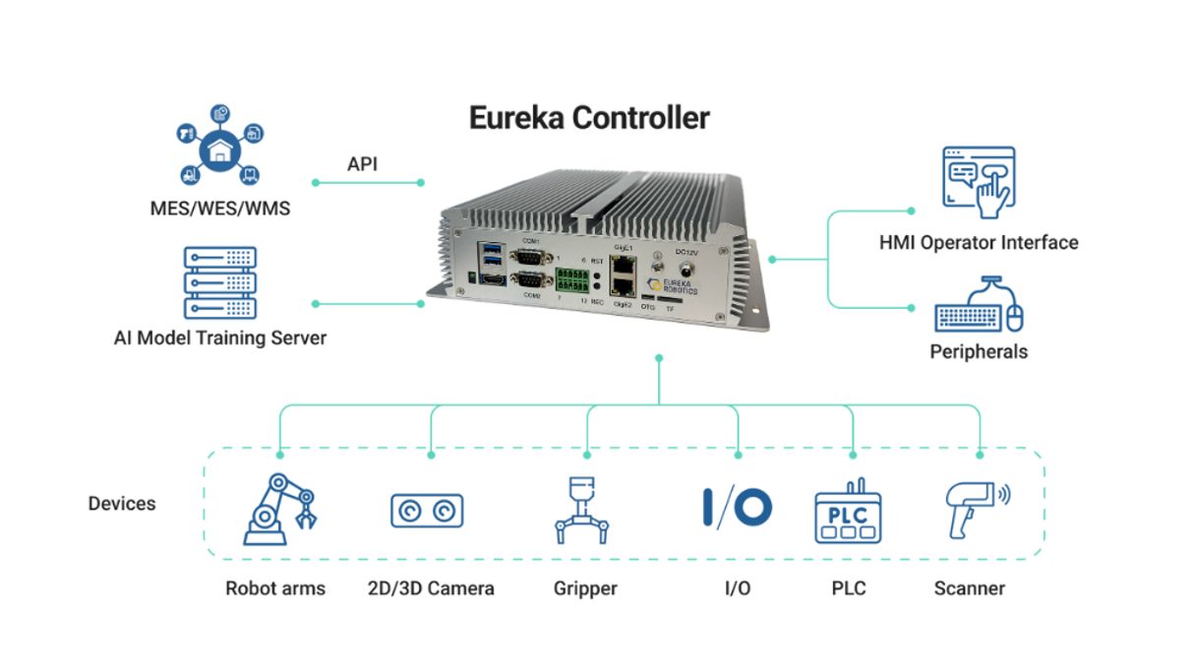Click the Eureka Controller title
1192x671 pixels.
[588, 117]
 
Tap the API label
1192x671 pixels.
[362, 163]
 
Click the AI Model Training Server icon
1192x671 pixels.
[220, 282]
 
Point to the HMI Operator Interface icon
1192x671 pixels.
[978, 182]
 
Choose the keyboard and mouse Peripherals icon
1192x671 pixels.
[979, 306]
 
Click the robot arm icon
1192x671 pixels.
[279, 510]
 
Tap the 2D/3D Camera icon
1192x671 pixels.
[427, 511]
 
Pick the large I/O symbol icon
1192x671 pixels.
[737, 508]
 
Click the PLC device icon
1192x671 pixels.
[848, 513]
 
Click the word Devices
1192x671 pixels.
[122, 504]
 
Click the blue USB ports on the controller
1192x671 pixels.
[490, 259]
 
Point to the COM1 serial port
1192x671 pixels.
[532, 258]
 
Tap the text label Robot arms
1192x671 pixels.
[275, 589]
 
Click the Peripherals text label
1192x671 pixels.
[979, 351]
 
